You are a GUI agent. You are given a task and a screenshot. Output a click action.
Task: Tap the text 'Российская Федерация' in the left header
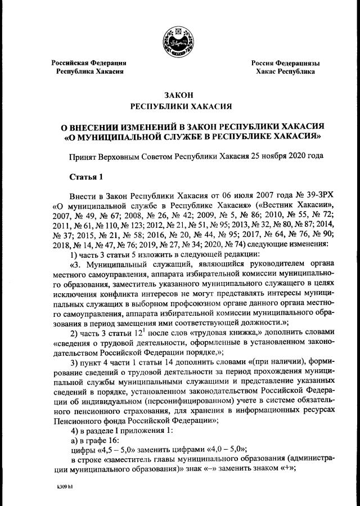(x=89, y=63)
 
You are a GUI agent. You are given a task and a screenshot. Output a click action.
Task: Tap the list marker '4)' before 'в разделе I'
(x=73, y=429)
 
